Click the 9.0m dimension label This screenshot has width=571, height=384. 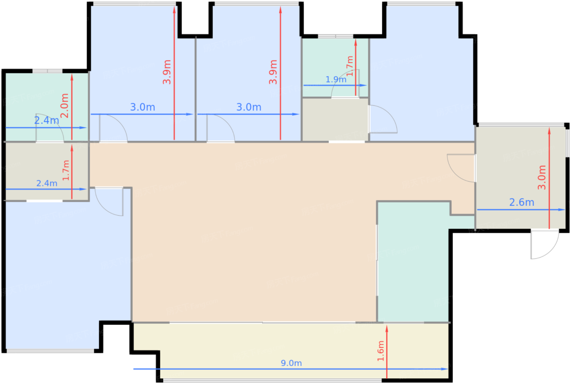click(x=291, y=363)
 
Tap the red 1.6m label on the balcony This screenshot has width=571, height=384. click(x=381, y=351)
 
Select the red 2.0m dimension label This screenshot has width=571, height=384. click(x=64, y=106)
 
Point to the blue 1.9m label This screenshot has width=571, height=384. click(x=336, y=79)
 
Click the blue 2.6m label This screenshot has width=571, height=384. click(x=522, y=202)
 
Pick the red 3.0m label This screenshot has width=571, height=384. click(x=542, y=177)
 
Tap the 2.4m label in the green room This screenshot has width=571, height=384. click(x=46, y=120)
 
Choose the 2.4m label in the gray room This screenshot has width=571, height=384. click(x=46, y=183)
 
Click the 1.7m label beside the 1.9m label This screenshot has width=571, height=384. click(x=350, y=66)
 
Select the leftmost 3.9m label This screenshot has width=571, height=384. click(x=167, y=72)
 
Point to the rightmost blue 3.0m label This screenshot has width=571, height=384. click(x=249, y=107)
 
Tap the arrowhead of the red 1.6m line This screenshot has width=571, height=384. click(x=387, y=329)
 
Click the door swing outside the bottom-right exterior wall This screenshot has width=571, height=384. click(x=553, y=251)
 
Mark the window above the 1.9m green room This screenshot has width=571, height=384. click(x=335, y=36)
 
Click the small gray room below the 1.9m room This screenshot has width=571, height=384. click(x=335, y=119)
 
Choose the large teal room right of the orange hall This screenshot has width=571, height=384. click(x=413, y=263)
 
